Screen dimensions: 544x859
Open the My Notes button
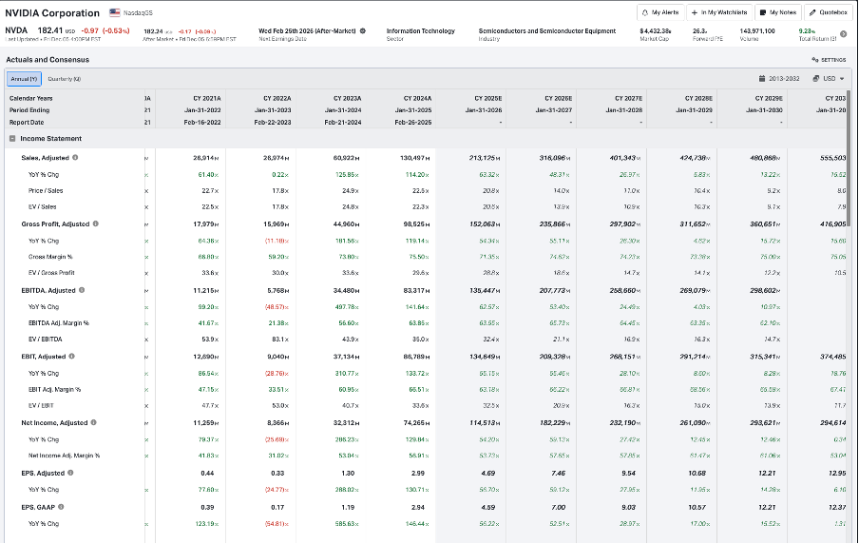pyautogui.click(x=779, y=12)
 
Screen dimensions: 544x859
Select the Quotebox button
pyautogui.click(x=827, y=12)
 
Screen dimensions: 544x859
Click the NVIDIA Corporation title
pyautogui.click(x=52, y=12)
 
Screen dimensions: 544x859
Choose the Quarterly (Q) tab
pyautogui.click(x=66, y=78)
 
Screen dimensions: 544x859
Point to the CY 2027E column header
pyautogui.click(x=628, y=98)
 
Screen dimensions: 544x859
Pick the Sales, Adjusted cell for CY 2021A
pyautogui.click(x=206, y=157)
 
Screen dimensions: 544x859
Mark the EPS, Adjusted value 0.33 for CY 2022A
pyautogui.click(x=277, y=473)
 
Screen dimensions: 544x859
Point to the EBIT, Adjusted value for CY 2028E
pyautogui.click(x=698, y=356)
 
